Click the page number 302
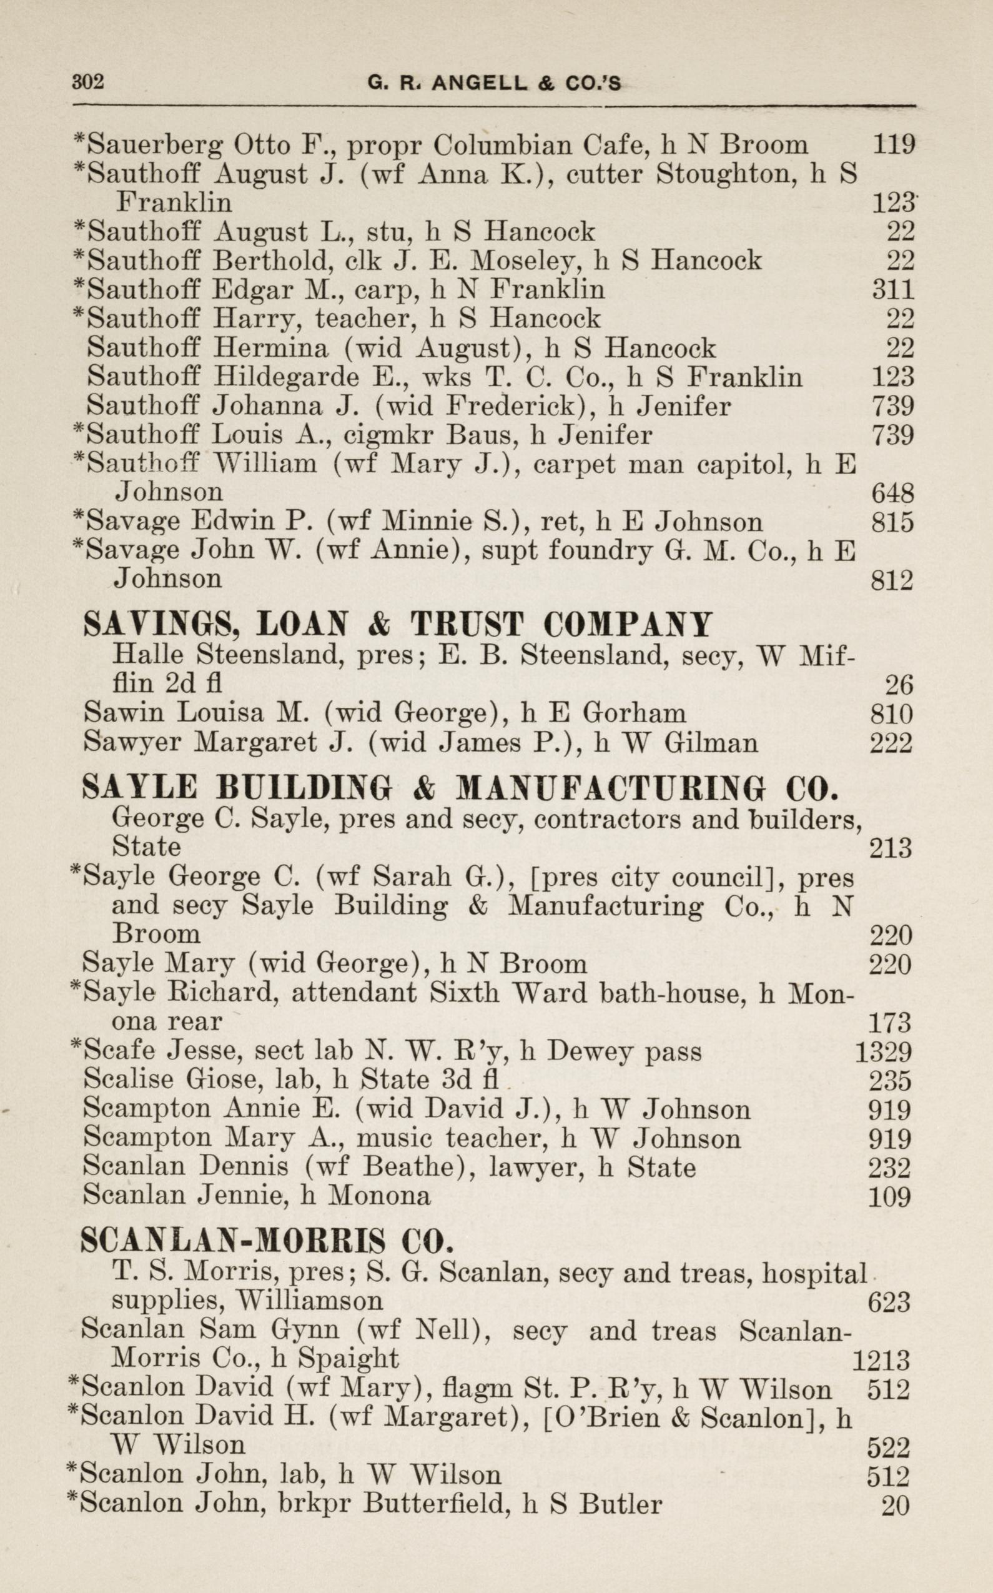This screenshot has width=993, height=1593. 88,82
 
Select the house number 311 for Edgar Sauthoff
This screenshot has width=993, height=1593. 892,290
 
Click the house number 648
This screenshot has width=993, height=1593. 892,493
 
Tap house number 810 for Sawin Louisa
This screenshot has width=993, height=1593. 891,713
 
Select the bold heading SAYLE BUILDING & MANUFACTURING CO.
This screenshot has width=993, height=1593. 460,788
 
